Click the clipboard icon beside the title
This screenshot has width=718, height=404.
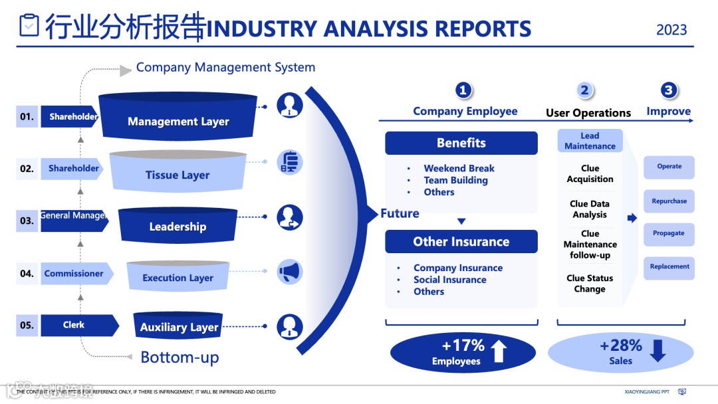coord(30,25)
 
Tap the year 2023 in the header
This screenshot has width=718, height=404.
coord(671,30)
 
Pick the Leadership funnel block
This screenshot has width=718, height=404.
coord(178,226)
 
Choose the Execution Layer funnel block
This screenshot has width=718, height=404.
coord(178,276)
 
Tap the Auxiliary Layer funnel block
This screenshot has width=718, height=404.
coord(179,326)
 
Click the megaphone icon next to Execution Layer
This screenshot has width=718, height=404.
coord(290,272)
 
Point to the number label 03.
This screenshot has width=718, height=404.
coord(27,221)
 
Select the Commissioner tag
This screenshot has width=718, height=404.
coord(74,273)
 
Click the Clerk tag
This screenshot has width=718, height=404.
coord(74,325)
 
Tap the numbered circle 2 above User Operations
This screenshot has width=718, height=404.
coord(584,91)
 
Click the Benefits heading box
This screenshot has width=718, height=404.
coord(461,143)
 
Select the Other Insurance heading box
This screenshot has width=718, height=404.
coord(461,242)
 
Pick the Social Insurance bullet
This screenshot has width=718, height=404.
coord(449,280)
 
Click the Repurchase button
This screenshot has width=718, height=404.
coord(669,201)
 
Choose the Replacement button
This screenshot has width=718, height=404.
coord(669,266)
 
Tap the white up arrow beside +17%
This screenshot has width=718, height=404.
coord(499,351)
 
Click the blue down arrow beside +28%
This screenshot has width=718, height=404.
coord(658,350)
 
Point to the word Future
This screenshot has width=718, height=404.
coord(400,213)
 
